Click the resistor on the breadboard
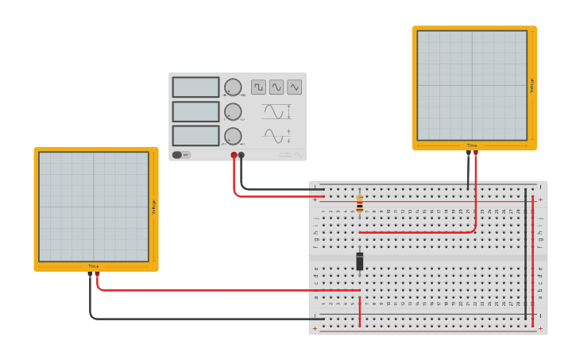point(360,204)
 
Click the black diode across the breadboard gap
point(360,261)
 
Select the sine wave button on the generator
point(276,87)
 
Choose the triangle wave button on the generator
point(295,87)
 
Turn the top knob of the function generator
point(233,87)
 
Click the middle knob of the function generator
point(233,111)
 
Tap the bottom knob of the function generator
point(233,135)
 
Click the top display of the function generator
point(195,87)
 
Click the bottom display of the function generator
point(195,135)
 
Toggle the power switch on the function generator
point(181,155)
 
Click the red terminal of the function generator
point(234,156)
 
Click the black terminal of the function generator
point(242,156)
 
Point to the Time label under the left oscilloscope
point(94,266)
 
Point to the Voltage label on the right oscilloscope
point(532,85)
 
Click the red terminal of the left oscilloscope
point(98,274)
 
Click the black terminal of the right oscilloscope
point(468,153)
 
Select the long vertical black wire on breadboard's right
point(525,254)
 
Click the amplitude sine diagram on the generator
point(275,111)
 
